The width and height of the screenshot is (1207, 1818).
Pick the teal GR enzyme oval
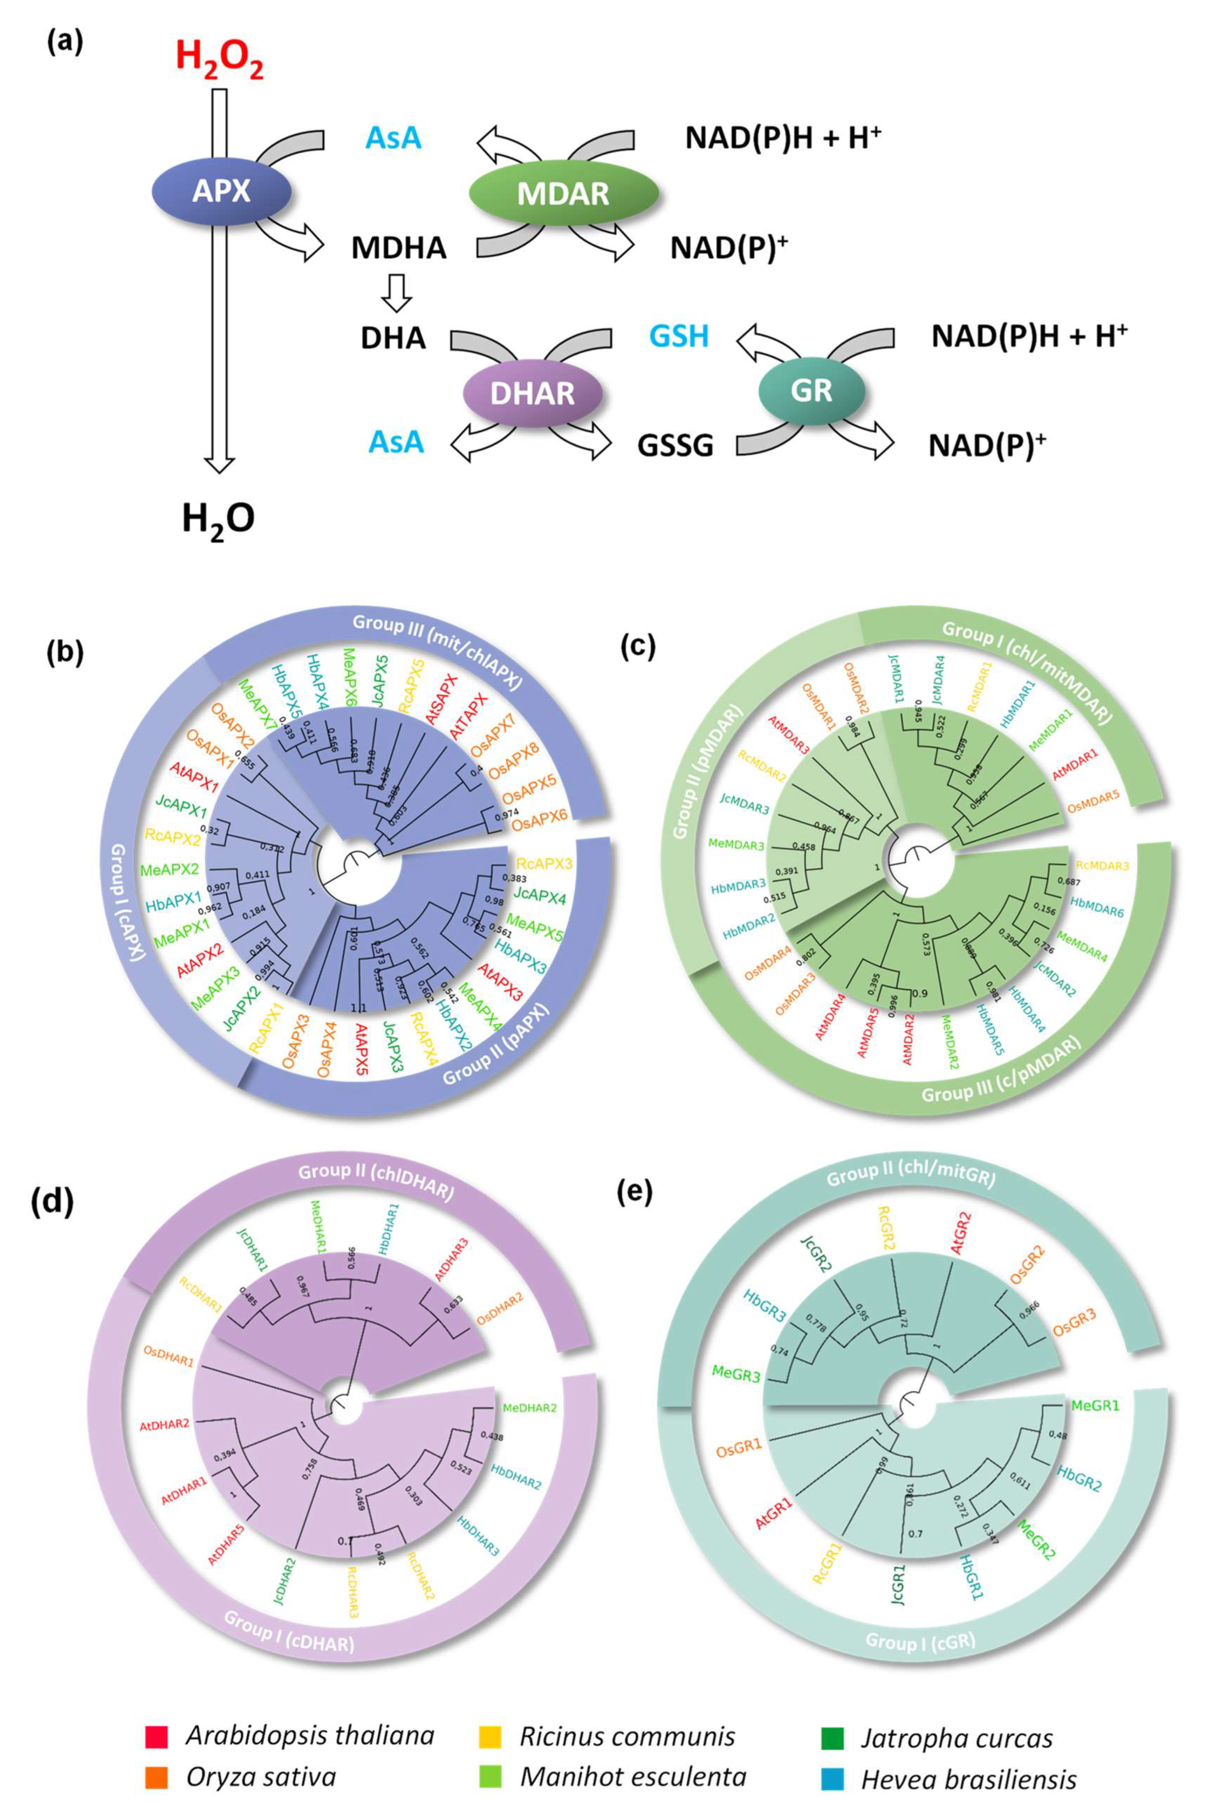pos(811,390)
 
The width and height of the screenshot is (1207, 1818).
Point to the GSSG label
pos(675,446)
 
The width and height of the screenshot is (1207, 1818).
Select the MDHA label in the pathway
pos(399,248)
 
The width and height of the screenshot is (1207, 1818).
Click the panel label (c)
pos(638,648)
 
